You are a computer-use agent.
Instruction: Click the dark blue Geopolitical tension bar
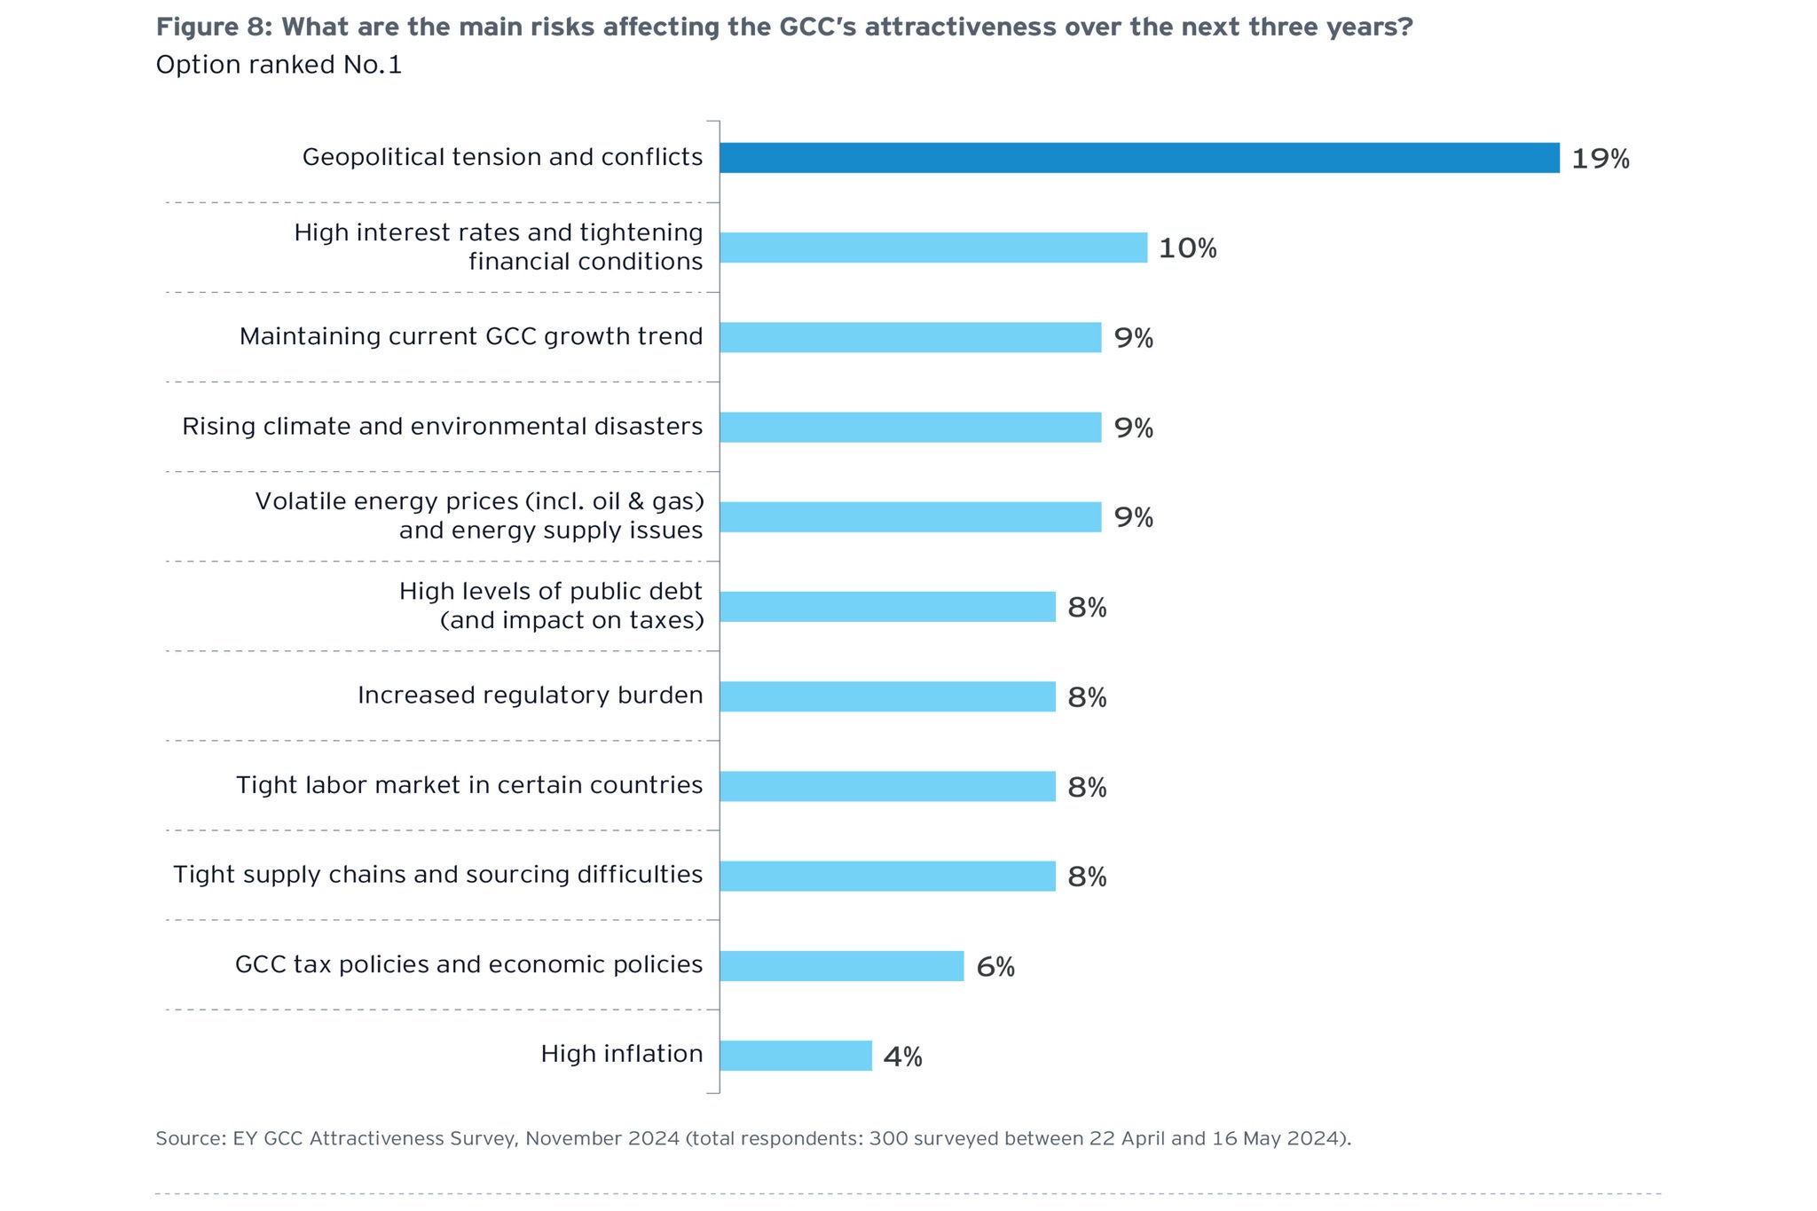click(1139, 158)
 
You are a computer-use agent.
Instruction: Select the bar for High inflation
click(796, 1056)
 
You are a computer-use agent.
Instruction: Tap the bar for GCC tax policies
click(841, 966)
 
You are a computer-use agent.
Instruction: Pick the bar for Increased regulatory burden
click(887, 697)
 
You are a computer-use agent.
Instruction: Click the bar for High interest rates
click(933, 248)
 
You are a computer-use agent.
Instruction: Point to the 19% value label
click(1600, 159)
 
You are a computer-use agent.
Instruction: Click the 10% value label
click(1187, 248)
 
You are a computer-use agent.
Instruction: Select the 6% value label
click(995, 967)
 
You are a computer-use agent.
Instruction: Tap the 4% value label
click(902, 1057)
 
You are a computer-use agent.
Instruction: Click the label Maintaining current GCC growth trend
click(471, 337)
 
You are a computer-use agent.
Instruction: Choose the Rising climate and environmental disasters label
click(442, 427)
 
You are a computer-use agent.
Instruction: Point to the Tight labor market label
click(469, 785)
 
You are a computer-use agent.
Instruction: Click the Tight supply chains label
click(437, 875)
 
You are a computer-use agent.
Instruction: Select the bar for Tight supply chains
click(887, 876)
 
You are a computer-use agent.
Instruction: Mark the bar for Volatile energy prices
click(910, 517)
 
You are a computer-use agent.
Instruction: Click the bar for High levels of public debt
click(887, 607)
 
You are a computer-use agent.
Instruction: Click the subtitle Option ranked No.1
click(279, 65)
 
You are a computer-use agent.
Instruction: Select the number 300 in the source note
click(887, 1138)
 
